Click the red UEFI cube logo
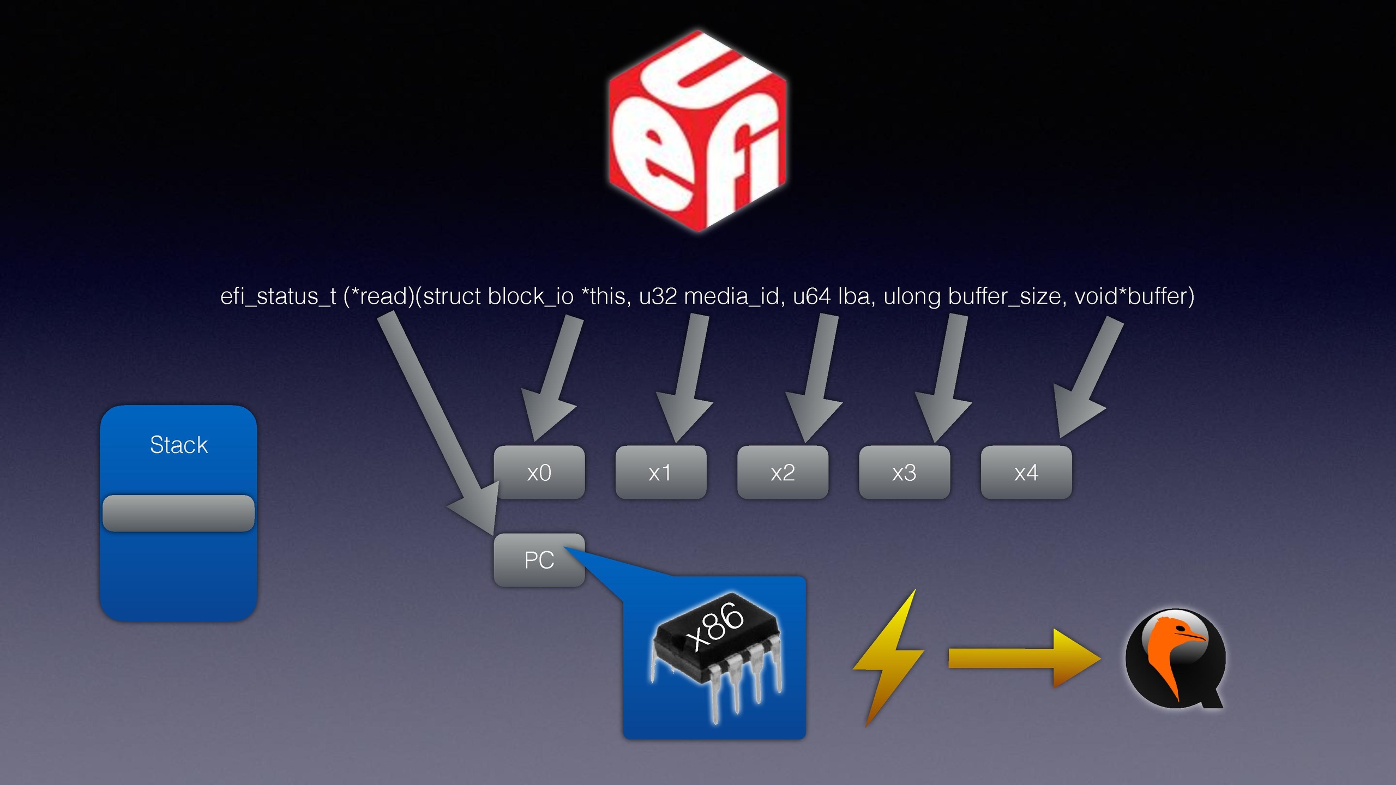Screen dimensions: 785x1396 point(697,131)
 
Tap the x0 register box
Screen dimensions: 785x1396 point(539,472)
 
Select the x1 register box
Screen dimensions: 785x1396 point(660,472)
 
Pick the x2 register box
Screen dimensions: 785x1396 point(783,472)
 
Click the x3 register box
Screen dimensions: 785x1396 point(904,472)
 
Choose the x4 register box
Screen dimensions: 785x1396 point(1026,472)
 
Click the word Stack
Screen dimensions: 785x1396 point(179,445)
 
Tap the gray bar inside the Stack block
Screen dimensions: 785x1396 point(178,513)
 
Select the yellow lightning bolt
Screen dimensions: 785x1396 point(889,657)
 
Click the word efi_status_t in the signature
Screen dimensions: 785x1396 point(278,297)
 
